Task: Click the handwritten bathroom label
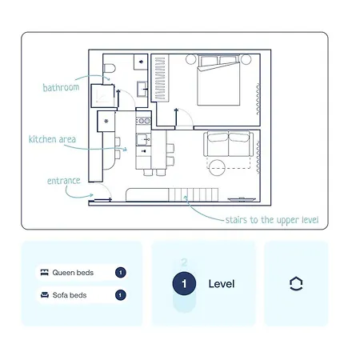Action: (x=61, y=87)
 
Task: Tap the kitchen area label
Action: (x=52, y=139)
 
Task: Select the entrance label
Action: (x=64, y=181)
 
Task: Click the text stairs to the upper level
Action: (x=272, y=220)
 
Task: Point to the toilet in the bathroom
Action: (x=110, y=68)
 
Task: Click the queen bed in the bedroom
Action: (x=218, y=80)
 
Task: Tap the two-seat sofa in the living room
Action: (x=228, y=143)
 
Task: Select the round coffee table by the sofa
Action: (x=217, y=168)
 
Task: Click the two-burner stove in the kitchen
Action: (x=144, y=121)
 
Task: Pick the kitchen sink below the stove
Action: (x=143, y=139)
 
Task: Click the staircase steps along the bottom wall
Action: (x=193, y=194)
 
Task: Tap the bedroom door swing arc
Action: (x=186, y=115)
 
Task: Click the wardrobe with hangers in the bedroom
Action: (x=160, y=78)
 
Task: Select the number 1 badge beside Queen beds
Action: (x=121, y=273)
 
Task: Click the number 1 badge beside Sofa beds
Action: (x=121, y=295)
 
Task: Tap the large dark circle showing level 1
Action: (x=184, y=283)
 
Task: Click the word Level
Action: (x=222, y=284)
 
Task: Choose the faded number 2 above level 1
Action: (x=184, y=262)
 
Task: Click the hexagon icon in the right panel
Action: (x=296, y=283)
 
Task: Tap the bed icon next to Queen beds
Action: (x=45, y=272)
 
